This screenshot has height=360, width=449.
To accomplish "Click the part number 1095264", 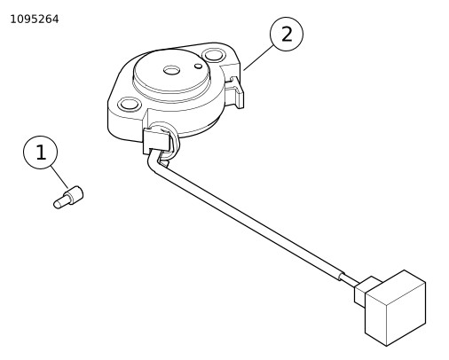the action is [x=35, y=20].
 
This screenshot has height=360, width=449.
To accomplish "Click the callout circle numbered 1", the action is [x=40, y=153].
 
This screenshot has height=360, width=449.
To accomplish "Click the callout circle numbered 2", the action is [x=287, y=34].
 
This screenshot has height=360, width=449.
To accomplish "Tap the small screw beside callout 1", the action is [x=68, y=197].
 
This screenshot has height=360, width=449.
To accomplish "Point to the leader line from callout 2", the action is [x=258, y=58].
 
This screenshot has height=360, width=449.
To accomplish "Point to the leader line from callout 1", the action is [x=59, y=177].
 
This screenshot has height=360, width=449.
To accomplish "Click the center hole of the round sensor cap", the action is [x=171, y=70].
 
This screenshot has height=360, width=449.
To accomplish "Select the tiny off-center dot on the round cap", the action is [x=199, y=66].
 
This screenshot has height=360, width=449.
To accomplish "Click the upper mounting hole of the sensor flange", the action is [x=213, y=56].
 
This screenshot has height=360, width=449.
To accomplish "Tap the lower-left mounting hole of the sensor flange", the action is [x=129, y=105].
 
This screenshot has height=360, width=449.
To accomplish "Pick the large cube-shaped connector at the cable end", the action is [x=396, y=308].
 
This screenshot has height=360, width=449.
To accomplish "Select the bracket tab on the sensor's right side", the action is [x=236, y=92].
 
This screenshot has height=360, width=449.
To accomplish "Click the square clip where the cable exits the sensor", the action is [x=157, y=141].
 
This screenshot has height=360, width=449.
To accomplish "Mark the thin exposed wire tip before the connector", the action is [x=350, y=280].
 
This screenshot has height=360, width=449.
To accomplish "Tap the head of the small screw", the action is [x=76, y=194].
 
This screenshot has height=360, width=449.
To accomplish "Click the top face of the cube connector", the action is [x=396, y=282].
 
